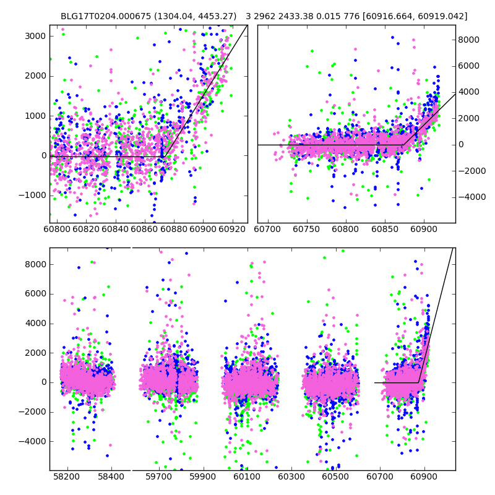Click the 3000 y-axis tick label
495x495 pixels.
pyautogui.click(x=35, y=36)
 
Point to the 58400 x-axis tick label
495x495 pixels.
pyautogui.click(x=111, y=478)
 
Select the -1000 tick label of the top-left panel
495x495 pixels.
pyautogui.click(x=33, y=195)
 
